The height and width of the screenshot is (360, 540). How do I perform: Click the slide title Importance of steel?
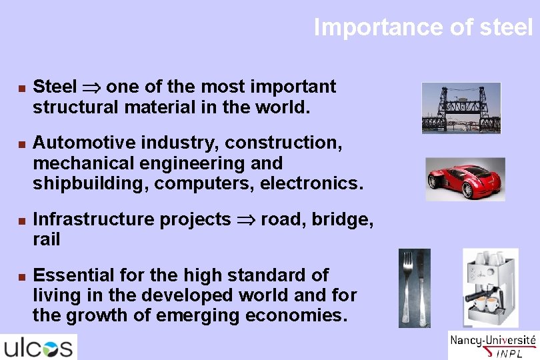tap(423, 27)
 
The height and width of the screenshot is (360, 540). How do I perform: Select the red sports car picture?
tap(465, 179)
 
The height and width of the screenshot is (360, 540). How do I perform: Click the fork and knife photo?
tap(414, 288)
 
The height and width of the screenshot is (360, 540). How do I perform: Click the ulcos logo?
tap(39, 347)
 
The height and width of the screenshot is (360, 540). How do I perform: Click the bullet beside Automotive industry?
tap(21, 143)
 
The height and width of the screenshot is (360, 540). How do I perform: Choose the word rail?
tap(47, 239)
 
